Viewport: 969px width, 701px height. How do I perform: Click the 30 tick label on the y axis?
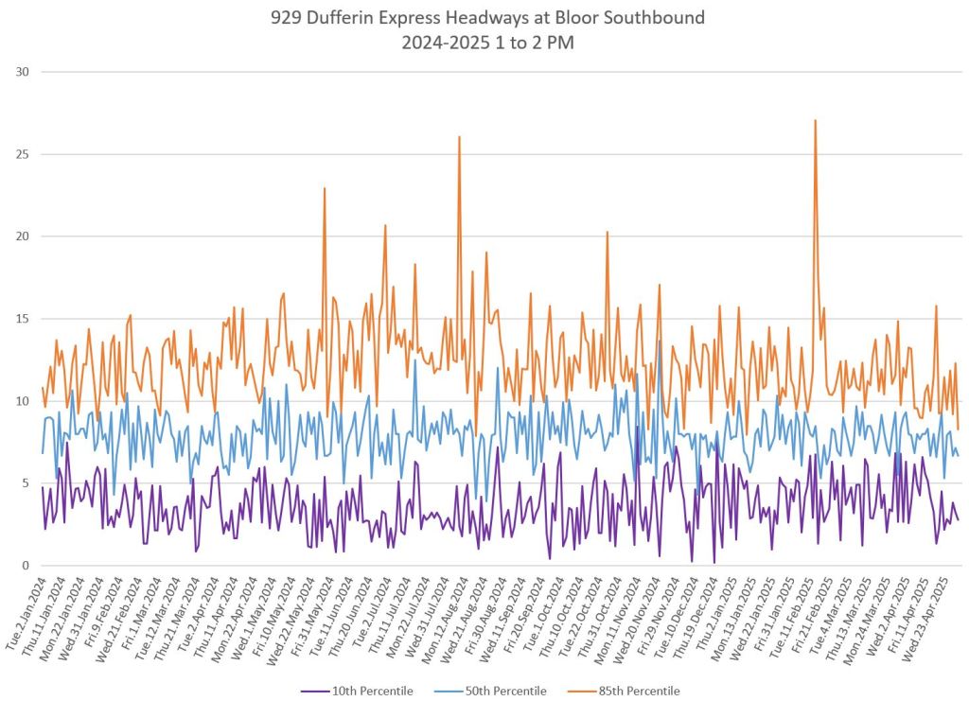[22, 72]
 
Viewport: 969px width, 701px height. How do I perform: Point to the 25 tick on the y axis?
[22, 154]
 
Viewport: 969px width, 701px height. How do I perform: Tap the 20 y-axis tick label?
[22, 237]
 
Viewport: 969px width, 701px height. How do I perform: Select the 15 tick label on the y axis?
[22, 319]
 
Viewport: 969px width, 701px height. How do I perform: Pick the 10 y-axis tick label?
[22, 401]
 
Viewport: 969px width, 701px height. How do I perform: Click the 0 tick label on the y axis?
[25, 566]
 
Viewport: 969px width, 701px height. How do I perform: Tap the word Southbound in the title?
[660, 18]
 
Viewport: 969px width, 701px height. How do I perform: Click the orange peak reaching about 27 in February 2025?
[815, 121]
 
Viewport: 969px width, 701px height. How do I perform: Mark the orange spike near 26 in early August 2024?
[459, 137]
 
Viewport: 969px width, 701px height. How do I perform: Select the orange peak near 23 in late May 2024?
[325, 189]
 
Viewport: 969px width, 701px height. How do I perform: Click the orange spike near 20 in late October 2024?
[608, 233]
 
